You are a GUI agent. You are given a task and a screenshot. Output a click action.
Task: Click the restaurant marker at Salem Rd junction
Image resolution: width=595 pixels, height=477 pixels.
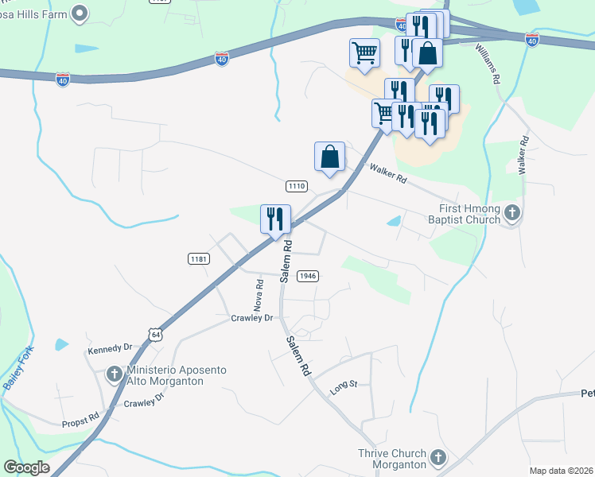pyautogui.click(x=276, y=219)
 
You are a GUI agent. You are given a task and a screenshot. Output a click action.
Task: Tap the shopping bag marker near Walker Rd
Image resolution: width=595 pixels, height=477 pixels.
pyautogui.click(x=329, y=157)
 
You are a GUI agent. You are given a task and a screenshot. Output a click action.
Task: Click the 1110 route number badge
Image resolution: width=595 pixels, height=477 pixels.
pyautogui.click(x=296, y=186)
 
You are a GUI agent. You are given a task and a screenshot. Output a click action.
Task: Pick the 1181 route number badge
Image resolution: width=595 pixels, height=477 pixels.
pyautogui.click(x=199, y=258)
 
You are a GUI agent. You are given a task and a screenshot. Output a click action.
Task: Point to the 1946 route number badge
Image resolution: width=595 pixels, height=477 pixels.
pyautogui.click(x=308, y=276)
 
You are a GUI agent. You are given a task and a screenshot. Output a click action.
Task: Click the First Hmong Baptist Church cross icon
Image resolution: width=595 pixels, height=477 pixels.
pyautogui.click(x=513, y=212)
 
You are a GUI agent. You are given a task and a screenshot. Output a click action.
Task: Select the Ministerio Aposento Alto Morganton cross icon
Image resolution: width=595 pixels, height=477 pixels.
pyautogui.click(x=114, y=374)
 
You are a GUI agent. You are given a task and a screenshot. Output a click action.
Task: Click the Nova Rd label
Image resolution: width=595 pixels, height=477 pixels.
pyautogui.click(x=259, y=295)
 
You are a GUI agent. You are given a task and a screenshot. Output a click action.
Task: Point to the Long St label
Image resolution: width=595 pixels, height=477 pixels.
pyautogui.click(x=344, y=386)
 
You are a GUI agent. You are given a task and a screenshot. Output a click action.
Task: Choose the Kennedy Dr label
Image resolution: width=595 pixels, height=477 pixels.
pyautogui.click(x=111, y=348)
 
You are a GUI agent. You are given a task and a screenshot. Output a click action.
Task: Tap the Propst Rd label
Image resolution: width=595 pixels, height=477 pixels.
pyautogui.click(x=81, y=417)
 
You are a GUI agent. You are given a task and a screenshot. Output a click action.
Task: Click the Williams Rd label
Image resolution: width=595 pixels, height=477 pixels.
pyautogui.click(x=488, y=64)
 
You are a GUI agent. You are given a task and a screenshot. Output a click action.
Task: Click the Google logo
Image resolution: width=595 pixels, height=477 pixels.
pyautogui.click(x=26, y=467)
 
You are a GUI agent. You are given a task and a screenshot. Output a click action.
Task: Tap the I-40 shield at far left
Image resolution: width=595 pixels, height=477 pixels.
pyautogui.click(x=63, y=79)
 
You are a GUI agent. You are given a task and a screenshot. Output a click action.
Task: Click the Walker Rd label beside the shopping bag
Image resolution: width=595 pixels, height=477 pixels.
pyautogui.click(x=388, y=173)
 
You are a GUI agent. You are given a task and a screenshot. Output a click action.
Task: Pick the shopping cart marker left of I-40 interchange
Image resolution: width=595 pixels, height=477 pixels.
pyautogui.click(x=364, y=53)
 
